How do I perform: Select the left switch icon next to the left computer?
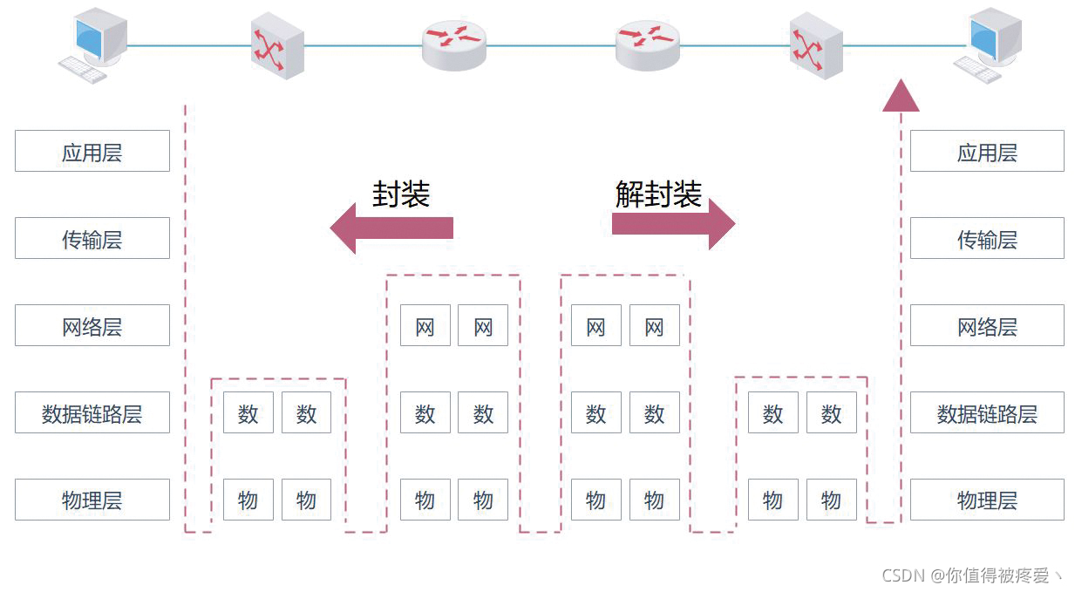click(277, 45)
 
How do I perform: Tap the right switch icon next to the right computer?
click(816, 45)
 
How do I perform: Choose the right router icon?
click(646, 44)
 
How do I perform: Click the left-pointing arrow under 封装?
click(391, 228)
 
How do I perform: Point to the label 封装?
click(401, 194)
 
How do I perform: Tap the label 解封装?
click(658, 194)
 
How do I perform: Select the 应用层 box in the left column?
click(92, 151)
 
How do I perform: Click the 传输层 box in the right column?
click(987, 238)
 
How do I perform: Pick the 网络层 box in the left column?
click(92, 325)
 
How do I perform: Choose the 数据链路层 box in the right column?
click(987, 412)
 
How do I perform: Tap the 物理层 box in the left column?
click(92, 500)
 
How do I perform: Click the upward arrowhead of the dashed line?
click(901, 96)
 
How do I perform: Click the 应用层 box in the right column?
click(987, 151)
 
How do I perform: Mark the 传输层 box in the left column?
click(92, 238)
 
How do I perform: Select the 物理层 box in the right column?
click(987, 500)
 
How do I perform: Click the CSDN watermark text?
click(972, 575)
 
